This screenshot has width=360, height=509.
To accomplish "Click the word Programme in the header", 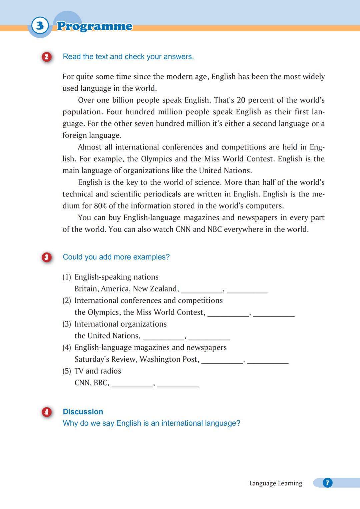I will (x=94, y=26).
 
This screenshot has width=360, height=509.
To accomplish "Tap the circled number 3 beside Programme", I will (x=40, y=26).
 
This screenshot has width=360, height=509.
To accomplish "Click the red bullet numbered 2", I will (x=46, y=57).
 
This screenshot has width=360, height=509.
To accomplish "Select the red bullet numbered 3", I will (x=46, y=257).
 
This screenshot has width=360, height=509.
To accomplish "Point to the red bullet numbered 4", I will (x=46, y=412).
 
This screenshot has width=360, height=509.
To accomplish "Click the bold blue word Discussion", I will (x=83, y=412).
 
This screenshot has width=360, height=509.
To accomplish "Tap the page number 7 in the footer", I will (x=327, y=483).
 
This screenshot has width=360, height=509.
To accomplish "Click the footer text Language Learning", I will (x=276, y=483).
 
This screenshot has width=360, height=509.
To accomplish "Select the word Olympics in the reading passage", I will (x=156, y=159).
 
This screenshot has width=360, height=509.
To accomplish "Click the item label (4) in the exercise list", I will (x=67, y=348).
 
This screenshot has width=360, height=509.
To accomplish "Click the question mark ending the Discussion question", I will (x=238, y=423).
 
